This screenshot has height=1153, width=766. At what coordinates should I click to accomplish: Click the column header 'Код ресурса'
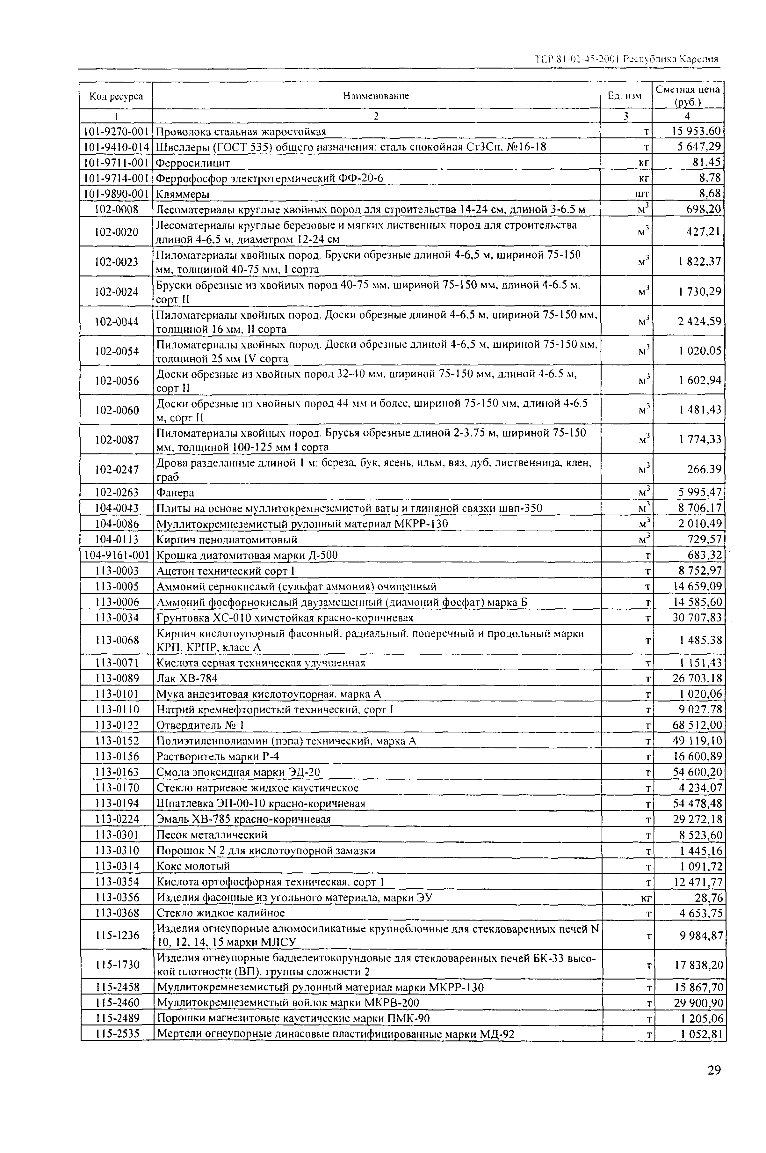(x=116, y=96)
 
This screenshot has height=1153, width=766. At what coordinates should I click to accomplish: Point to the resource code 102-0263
(x=117, y=493)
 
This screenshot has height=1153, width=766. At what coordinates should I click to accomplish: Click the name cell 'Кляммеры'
(x=182, y=194)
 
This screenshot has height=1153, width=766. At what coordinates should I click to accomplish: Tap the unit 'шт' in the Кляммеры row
(x=642, y=194)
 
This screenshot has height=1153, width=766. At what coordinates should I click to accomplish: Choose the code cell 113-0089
(x=117, y=679)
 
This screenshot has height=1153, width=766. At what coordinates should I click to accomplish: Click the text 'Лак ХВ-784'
(x=187, y=679)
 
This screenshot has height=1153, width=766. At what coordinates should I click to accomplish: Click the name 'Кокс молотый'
(x=193, y=866)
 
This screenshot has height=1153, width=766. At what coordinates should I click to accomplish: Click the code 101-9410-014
(x=116, y=147)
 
